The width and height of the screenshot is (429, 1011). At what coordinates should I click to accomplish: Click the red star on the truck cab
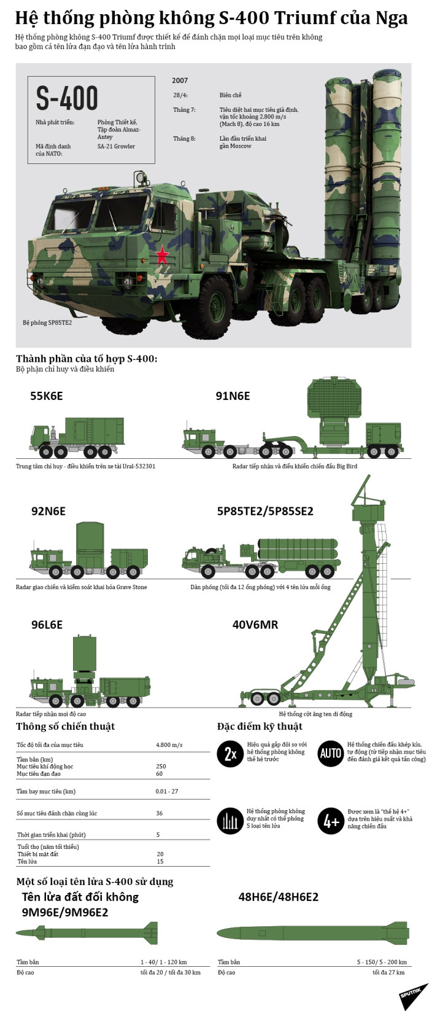pyautogui.click(x=161, y=254)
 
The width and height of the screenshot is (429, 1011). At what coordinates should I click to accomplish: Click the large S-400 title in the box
pyautogui.click(x=67, y=98)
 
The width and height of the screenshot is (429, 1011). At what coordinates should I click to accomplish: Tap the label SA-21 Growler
pyautogui.click(x=116, y=147)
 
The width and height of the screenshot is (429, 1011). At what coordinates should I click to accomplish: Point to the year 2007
pyautogui.click(x=180, y=80)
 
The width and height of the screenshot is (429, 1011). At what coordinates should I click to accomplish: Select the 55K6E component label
pyautogui.click(x=46, y=396)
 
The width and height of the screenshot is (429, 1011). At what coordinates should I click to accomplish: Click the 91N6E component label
pyautogui.click(x=233, y=396)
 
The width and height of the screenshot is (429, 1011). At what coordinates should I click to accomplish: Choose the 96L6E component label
pyautogui.click(x=47, y=625)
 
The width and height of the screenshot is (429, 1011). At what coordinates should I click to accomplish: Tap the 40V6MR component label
pyautogui.click(x=255, y=625)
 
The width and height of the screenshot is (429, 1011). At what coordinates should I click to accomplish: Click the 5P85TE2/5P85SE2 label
pyautogui.click(x=265, y=511)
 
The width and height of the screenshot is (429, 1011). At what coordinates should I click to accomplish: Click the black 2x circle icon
pyautogui.click(x=230, y=754)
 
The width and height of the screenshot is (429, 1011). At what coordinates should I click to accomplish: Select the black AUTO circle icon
pyautogui.click(x=331, y=754)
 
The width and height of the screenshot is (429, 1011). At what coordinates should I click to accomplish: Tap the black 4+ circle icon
pyautogui.click(x=331, y=821)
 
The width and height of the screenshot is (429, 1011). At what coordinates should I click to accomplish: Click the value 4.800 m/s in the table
pyautogui.click(x=169, y=745)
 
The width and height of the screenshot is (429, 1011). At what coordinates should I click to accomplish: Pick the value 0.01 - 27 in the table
pyautogui.click(x=167, y=791)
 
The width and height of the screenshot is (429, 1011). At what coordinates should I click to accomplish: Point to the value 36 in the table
pyautogui.click(x=160, y=813)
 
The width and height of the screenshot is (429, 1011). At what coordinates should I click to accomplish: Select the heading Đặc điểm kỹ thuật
pyautogui.click(x=260, y=727)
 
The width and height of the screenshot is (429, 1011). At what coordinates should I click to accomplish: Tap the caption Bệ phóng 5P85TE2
pyautogui.click(x=47, y=322)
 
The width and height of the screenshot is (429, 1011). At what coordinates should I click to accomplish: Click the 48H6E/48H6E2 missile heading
pyautogui.click(x=278, y=897)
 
